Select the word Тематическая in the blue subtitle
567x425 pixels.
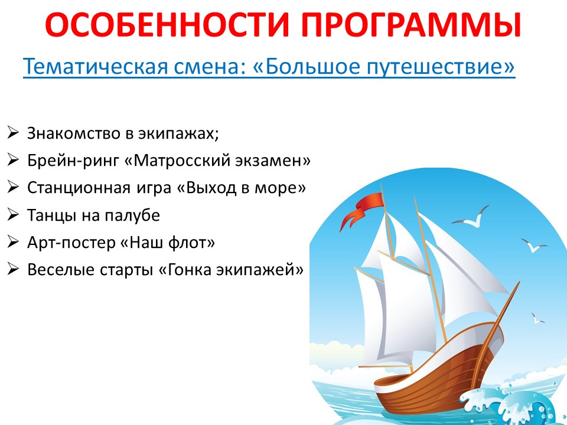click(96, 67)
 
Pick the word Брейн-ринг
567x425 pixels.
click(73, 161)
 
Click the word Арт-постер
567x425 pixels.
click(71, 243)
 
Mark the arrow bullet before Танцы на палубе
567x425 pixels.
click(12, 215)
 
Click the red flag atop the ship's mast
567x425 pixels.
click(361, 210)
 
